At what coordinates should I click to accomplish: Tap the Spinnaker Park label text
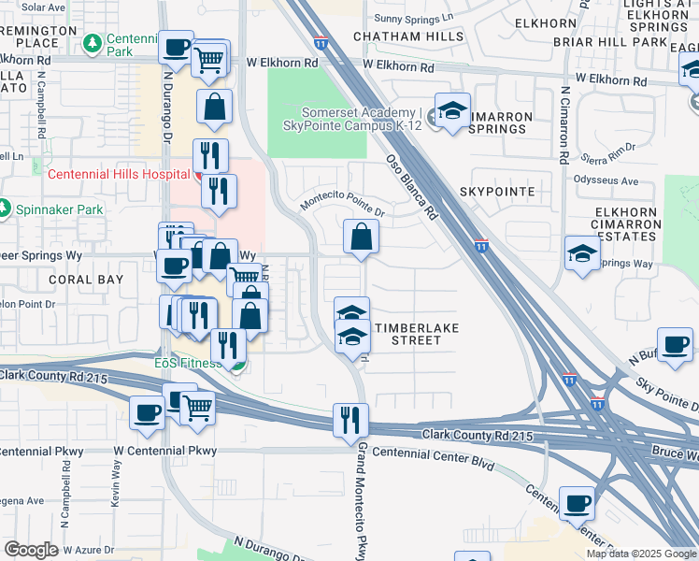(60, 209)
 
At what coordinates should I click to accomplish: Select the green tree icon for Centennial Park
(93, 43)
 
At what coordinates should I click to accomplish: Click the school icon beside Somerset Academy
(452, 113)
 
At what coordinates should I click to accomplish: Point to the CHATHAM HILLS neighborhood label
(408, 36)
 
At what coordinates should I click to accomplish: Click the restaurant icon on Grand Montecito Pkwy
(350, 420)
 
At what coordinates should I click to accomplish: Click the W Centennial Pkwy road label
(164, 451)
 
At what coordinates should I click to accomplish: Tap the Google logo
(31, 550)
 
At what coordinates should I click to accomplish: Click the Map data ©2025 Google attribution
(641, 554)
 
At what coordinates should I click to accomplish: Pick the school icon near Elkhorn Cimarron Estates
(582, 253)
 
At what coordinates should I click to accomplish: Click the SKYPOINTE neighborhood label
(497, 191)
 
